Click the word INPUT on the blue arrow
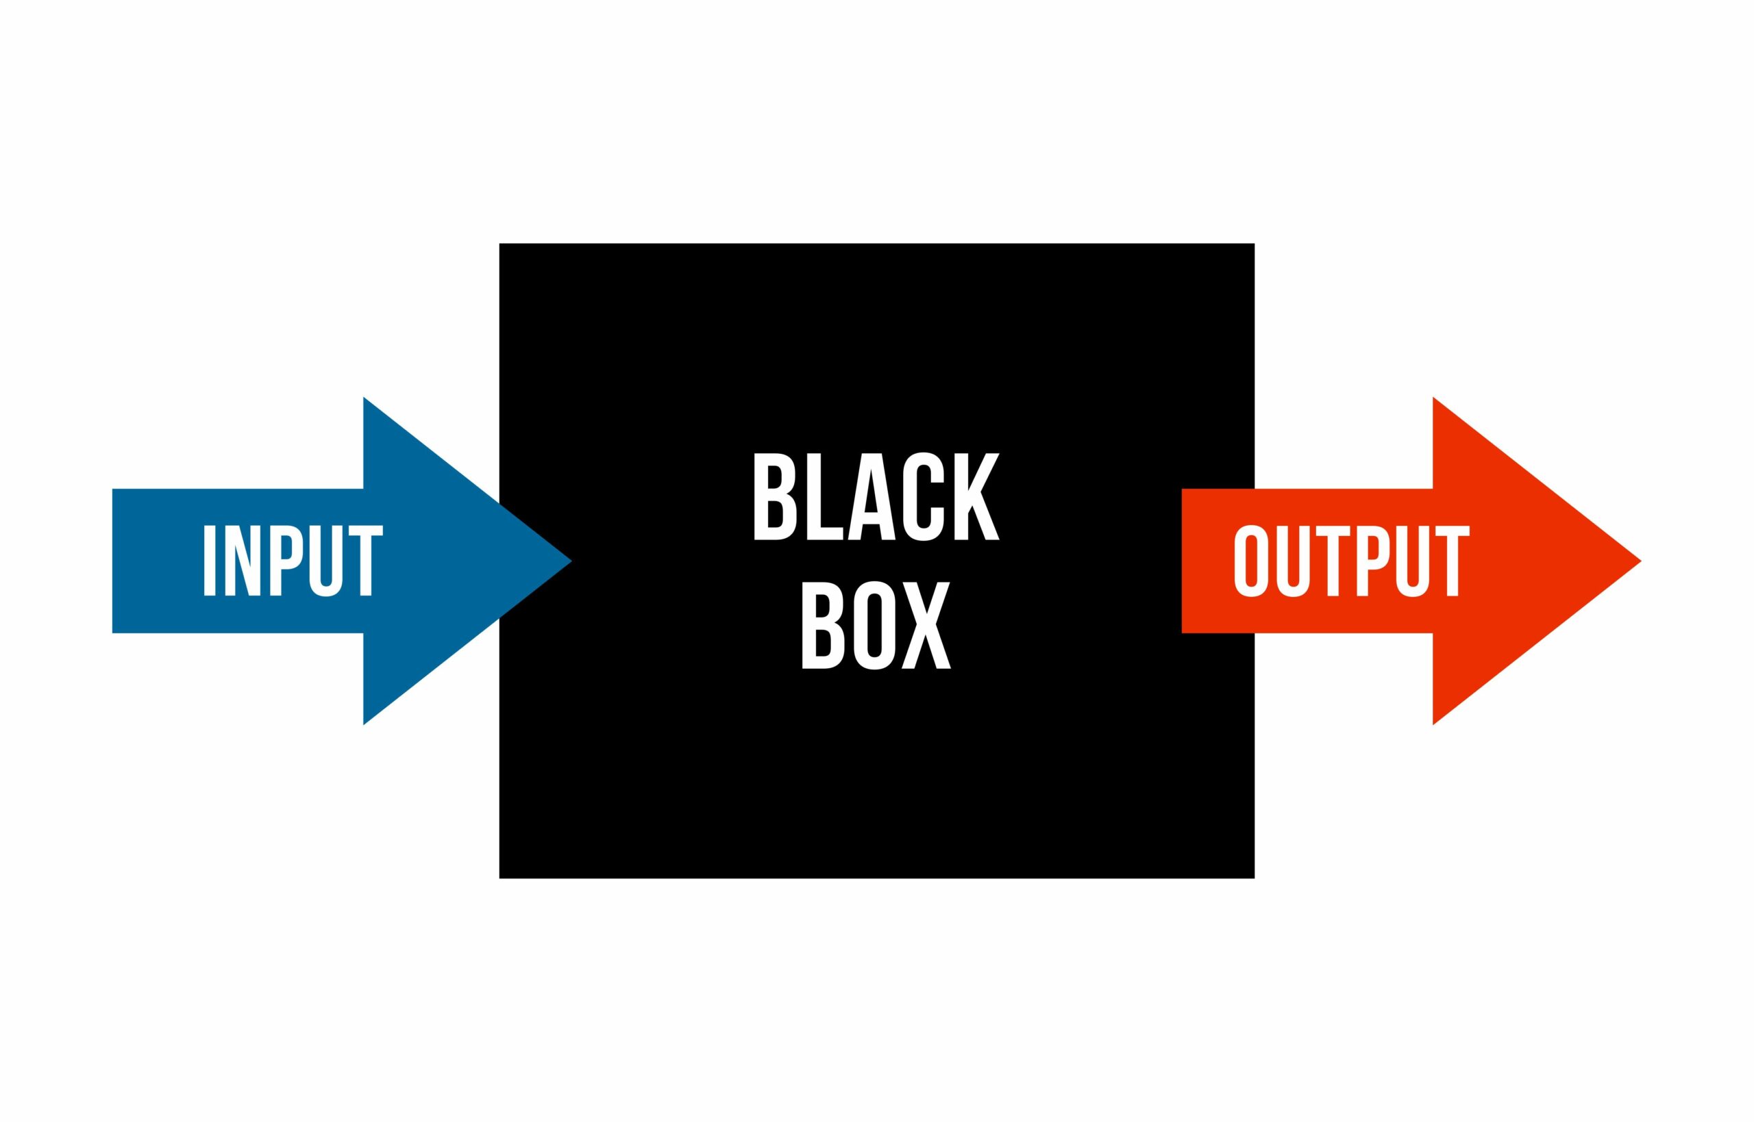pyautogui.click(x=293, y=560)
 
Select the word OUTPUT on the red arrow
pyautogui.click(x=1352, y=560)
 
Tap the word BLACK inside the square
pyautogui.click(x=876, y=497)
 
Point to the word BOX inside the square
pyautogui.click(x=876, y=625)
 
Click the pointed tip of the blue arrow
pyautogui.click(x=572, y=561)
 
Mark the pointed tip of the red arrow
pyautogui.click(x=1642, y=561)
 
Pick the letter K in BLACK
pyautogui.click(x=977, y=497)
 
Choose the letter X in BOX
pyautogui.click(x=926, y=625)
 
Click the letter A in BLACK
pyautogui.click(x=871, y=497)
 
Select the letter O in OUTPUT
pyautogui.click(x=1251, y=560)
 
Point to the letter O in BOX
pyautogui.click(x=874, y=625)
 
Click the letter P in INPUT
pyautogui.click(x=286, y=560)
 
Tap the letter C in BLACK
pyautogui.click(x=924, y=497)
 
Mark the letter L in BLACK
pyautogui.click(x=824, y=497)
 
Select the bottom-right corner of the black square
pyautogui.click(x=1254, y=878)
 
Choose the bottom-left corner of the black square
pyautogui.click(x=499, y=878)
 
